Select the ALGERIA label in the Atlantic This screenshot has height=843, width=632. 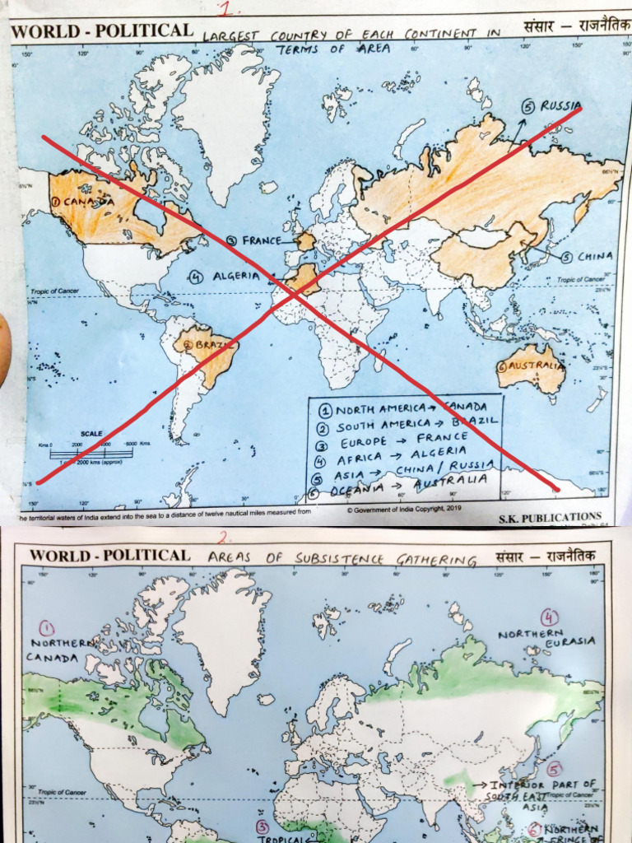pyautogui.click(x=236, y=277)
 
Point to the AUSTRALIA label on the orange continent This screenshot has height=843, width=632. pyautogui.click(x=536, y=366)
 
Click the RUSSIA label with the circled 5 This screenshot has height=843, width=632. pyautogui.click(x=560, y=106)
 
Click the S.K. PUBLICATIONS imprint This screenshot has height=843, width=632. pyautogui.click(x=550, y=519)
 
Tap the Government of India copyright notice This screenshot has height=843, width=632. pyautogui.click(x=403, y=510)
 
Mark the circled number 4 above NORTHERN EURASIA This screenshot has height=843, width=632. pyautogui.click(x=549, y=617)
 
